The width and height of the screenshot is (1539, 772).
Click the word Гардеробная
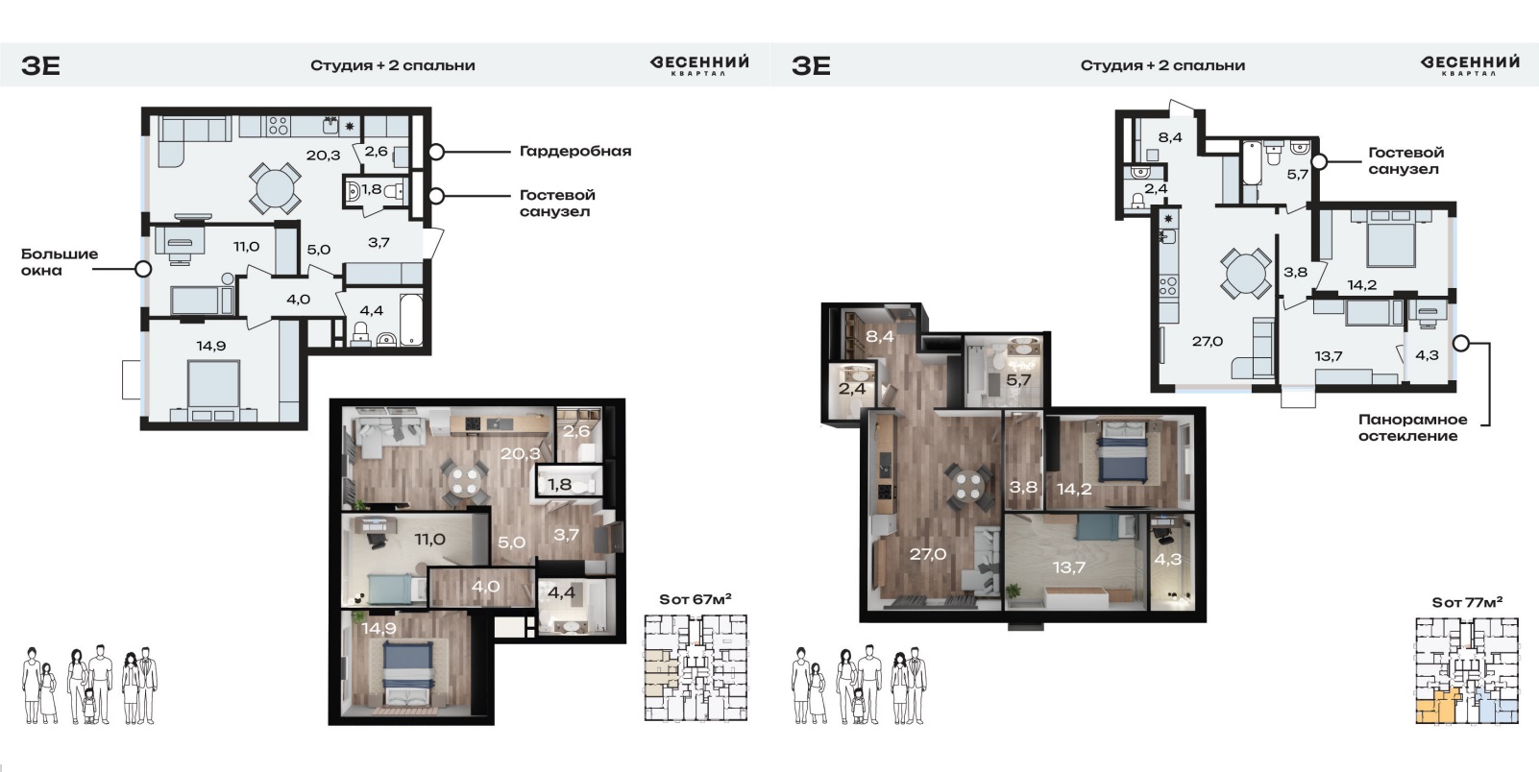(575, 152)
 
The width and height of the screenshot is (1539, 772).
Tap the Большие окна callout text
(60, 262)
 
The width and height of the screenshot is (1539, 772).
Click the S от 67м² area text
(696, 599)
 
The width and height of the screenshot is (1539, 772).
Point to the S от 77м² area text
(1467, 602)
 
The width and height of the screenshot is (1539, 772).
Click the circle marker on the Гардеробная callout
(436, 152)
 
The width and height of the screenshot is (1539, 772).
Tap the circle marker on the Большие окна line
(143, 269)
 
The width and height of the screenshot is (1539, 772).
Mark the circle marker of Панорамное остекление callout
(1461, 344)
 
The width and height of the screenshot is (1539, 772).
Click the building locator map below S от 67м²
(696, 668)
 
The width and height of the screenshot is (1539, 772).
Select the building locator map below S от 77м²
(1467, 671)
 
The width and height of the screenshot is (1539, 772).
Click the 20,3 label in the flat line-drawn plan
(323, 156)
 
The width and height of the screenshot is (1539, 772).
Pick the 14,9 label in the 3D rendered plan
(379, 629)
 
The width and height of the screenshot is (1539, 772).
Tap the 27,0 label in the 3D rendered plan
(927, 554)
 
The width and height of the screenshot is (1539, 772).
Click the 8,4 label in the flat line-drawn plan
(1170, 137)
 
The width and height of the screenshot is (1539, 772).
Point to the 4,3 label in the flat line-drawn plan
(1427, 355)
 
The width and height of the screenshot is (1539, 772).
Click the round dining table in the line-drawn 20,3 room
(275, 187)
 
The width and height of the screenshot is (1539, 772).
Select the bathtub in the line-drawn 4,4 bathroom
(411, 320)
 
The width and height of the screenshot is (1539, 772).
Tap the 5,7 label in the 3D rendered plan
(1018, 380)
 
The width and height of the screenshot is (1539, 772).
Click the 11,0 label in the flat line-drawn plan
(246, 247)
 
